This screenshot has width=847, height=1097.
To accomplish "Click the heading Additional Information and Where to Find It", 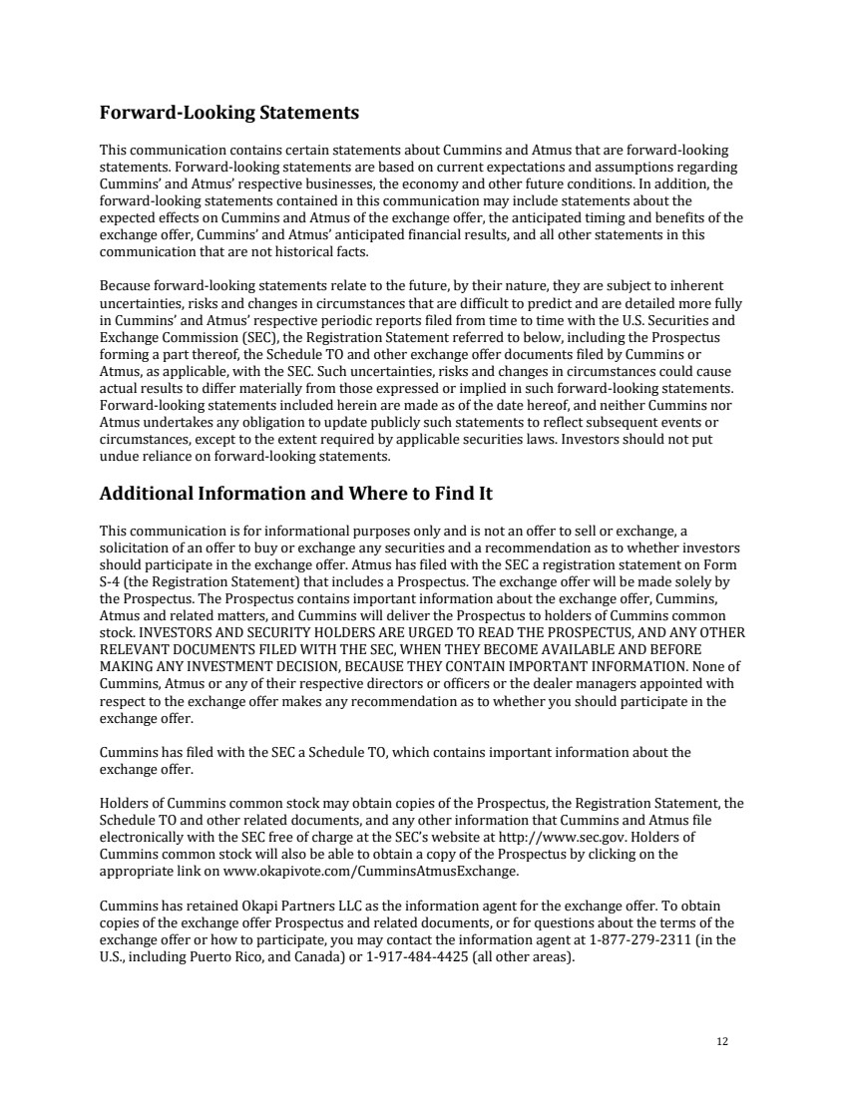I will tap(296, 494).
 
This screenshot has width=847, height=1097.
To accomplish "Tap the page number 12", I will tap(722, 1042).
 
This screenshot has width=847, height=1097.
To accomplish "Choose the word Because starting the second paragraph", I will tap(125, 285).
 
